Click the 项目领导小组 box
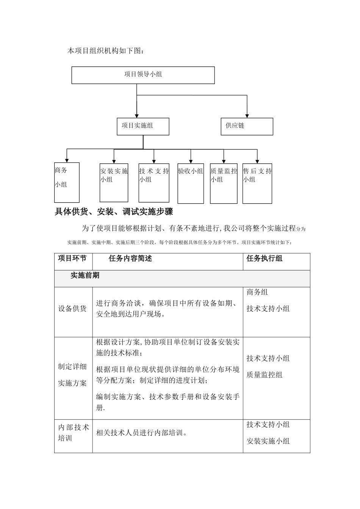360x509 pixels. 143,75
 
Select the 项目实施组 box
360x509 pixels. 143,126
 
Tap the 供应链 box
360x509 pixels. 247,126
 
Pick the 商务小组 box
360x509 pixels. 67,182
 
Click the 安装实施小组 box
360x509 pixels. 114,182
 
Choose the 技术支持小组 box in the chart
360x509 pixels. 154,182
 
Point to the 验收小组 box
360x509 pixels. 191,182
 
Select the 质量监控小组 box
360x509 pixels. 224,182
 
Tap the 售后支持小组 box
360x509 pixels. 257,182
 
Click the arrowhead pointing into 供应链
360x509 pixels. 247,115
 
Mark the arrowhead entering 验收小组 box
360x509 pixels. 191,160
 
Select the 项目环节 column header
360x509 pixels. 72,259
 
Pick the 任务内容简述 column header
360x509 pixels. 130,259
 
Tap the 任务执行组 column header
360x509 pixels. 265,259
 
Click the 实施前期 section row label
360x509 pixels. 85,276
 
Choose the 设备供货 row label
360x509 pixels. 72,309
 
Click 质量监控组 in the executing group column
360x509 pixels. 265,375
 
